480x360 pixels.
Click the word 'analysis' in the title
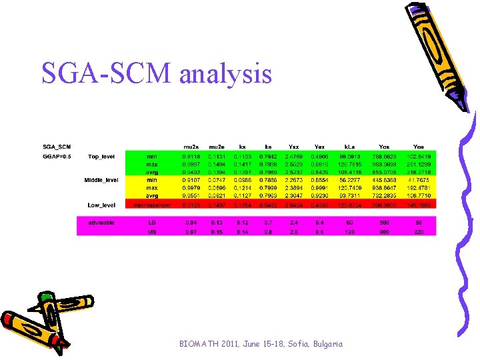[225, 73]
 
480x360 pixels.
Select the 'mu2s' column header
[191, 147]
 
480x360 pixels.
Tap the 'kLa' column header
[349, 147]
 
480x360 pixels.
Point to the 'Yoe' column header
[419, 147]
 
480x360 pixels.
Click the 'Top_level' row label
[101, 157]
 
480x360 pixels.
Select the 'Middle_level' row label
[101, 180]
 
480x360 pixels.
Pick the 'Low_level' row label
[101, 205]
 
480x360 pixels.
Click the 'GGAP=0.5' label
[57, 157]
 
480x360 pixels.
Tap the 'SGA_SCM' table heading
[57, 147]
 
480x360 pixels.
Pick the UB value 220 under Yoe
[419, 231]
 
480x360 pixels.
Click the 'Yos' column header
[384, 147]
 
